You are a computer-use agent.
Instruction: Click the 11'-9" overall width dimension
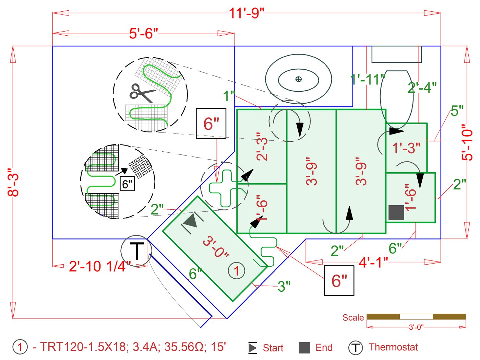tap(247, 13)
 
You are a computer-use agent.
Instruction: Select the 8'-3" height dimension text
tap(13, 182)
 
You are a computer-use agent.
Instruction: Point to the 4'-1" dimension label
tap(373, 263)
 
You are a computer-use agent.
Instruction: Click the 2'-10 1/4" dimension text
tap(99, 266)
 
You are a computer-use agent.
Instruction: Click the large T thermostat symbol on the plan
tap(136, 251)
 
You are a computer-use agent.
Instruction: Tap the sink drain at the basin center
tap(298, 79)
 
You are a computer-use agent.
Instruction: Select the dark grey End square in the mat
tap(396, 213)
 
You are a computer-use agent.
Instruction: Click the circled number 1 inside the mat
tap(236, 271)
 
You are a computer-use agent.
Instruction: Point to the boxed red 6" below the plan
tap(339, 281)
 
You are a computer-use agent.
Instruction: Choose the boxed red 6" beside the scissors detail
tap(211, 124)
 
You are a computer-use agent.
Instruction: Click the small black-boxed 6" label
tap(127, 184)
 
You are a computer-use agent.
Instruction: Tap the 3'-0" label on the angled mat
tap(216, 247)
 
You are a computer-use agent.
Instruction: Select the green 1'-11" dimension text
tap(367, 80)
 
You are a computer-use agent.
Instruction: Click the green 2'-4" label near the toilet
tap(422, 88)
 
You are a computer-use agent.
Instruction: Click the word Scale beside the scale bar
tap(353, 318)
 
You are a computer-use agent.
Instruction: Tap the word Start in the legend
tap(273, 348)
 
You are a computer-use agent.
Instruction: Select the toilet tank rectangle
tap(396, 54)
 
